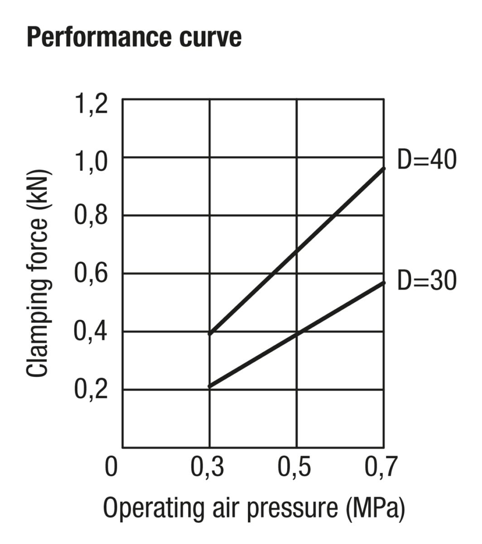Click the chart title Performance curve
(x=134, y=38)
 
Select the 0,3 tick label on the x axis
(x=207, y=467)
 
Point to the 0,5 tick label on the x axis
(x=295, y=467)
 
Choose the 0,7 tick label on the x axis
(x=381, y=467)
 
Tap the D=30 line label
(x=426, y=280)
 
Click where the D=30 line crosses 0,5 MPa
(x=297, y=334)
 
